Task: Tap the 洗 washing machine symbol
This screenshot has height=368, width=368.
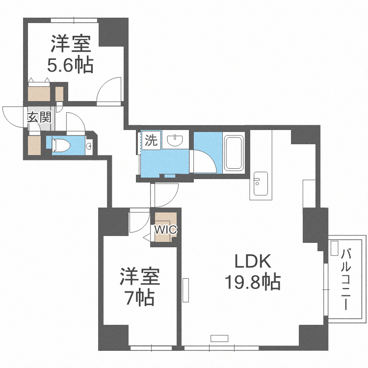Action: [152, 141]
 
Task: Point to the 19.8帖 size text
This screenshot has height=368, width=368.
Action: [252, 282]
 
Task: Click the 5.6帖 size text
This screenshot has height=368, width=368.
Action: [70, 65]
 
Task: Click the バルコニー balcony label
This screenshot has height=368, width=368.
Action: [347, 278]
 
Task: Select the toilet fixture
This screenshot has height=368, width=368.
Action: [61, 144]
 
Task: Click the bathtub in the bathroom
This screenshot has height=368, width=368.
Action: [234, 154]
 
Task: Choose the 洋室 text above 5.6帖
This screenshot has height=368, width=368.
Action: [70, 44]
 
